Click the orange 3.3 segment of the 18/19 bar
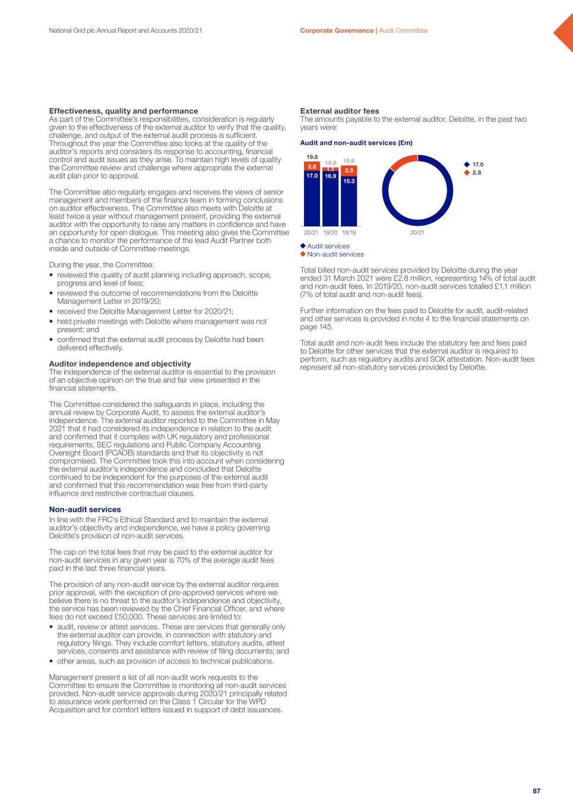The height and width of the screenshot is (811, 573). click(x=349, y=171)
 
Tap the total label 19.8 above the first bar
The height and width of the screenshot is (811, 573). click(x=312, y=157)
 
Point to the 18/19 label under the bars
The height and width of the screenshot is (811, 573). click(x=349, y=232)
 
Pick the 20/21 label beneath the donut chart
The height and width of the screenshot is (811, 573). click(x=417, y=232)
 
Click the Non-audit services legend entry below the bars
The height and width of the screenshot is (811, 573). click(x=335, y=254)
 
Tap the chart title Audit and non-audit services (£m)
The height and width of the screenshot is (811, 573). click(x=356, y=143)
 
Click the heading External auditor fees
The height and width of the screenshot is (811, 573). click(x=340, y=111)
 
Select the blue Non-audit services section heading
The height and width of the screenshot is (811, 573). click(x=85, y=510)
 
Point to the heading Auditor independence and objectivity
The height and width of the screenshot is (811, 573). click(x=120, y=364)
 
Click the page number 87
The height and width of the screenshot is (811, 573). click(x=536, y=791)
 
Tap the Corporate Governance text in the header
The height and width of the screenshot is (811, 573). click(x=337, y=30)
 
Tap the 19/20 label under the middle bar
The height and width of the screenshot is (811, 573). click(x=330, y=232)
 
